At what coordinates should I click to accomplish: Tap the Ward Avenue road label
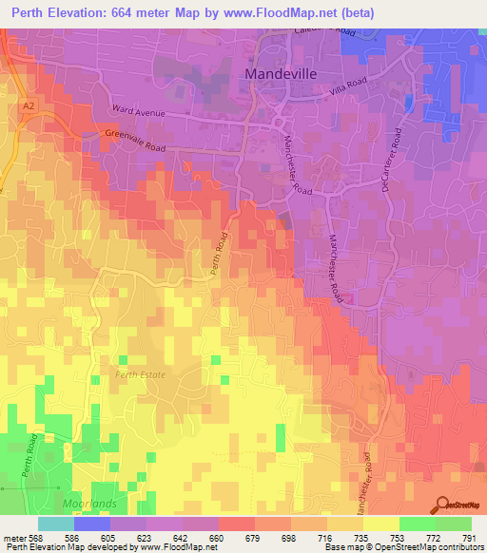click(139, 111)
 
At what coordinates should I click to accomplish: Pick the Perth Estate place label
click(140, 375)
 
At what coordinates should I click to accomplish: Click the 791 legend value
click(468, 538)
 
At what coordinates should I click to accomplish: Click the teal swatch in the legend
click(56, 524)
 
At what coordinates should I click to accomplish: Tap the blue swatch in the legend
click(92, 524)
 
